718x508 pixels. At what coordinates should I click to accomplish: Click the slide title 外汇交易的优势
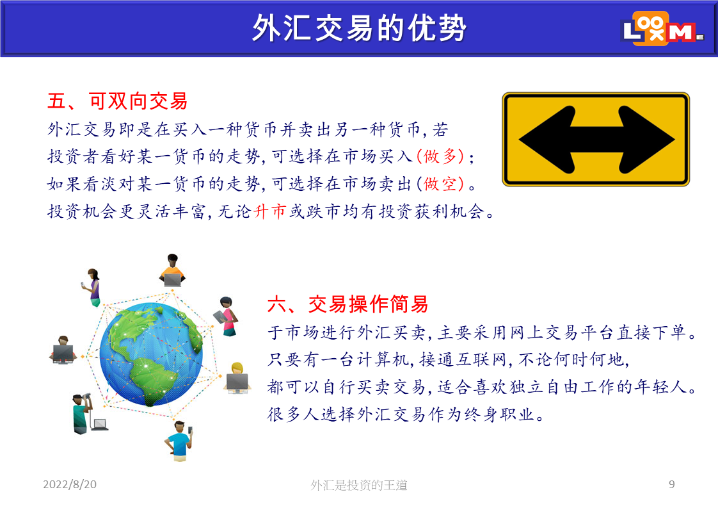(359, 28)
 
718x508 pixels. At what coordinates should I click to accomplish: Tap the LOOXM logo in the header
(662, 28)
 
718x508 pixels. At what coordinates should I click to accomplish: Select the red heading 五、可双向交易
(118, 101)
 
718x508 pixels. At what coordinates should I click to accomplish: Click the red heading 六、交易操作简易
(348, 304)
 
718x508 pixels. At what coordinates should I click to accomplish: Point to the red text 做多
(440, 156)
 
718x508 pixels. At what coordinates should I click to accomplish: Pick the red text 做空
(440, 184)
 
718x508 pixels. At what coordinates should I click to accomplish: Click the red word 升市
(269, 211)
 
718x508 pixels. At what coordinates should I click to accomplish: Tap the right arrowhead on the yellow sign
(646, 140)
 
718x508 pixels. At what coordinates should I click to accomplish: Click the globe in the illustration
(151, 354)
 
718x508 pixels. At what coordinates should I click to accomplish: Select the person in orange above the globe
(172, 270)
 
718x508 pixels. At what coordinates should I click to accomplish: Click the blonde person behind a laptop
(237, 378)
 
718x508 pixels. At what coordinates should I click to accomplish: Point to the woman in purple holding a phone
(93, 288)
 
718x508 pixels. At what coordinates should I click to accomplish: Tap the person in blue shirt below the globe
(179, 441)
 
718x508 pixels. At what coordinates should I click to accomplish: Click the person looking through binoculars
(83, 413)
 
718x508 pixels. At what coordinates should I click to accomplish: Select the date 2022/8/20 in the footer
(70, 484)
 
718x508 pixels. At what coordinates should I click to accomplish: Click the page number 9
(671, 484)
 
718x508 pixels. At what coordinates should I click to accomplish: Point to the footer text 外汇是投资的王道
(359, 484)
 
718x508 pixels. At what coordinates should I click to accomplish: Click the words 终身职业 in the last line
(500, 414)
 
